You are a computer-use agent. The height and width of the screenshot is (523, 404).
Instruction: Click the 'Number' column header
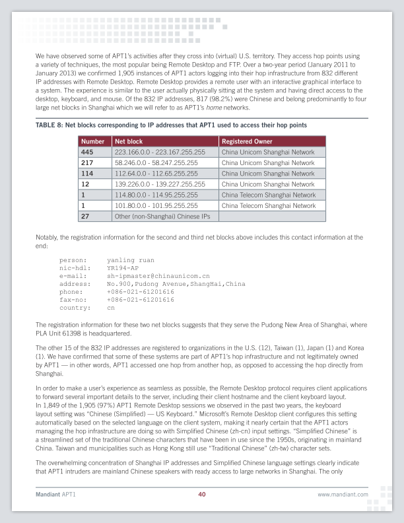(x=93, y=141)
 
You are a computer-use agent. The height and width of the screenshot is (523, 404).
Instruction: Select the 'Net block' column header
(x=128, y=141)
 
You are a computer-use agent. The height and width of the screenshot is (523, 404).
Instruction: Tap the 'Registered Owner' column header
(x=247, y=141)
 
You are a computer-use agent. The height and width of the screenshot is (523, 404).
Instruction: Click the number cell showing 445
(x=88, y=152)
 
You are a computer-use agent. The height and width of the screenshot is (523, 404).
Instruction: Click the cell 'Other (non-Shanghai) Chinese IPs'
(x=160, y=216)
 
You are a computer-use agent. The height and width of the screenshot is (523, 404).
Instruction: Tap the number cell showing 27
(x=85, y=216)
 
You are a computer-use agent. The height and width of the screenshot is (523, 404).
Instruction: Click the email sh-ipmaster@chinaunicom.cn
(x=158, y=276)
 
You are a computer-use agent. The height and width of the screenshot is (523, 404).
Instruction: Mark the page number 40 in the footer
(x=202, y=494)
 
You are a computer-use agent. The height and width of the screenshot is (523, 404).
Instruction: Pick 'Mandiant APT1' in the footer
(x=56, y=494)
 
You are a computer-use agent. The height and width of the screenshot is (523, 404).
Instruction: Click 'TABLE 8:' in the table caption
(x=49, y=125)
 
